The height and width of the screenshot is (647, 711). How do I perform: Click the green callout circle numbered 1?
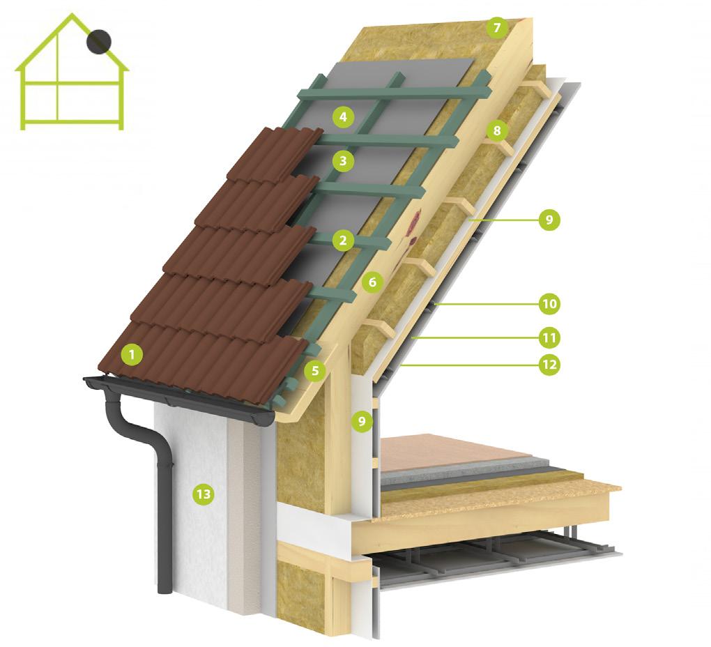click(x=130, y=355)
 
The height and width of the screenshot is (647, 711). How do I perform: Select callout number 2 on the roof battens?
click(x=342, y=241)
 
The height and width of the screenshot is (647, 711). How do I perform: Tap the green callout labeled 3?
click(x=342, y=161)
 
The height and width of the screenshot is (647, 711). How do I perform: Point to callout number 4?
click(x=342, y=116)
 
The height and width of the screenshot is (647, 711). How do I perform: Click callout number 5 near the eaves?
click(x=316, y=370)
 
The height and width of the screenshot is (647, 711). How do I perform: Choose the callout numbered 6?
click(x=372, y=282)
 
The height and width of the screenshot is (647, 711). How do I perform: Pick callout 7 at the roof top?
click(x=496, y=28)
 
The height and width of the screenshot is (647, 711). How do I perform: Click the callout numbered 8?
click(x=496, y=130)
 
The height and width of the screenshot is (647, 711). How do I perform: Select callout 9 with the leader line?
click(x=549, y=220)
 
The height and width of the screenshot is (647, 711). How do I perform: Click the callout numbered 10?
click(x=549, y=303)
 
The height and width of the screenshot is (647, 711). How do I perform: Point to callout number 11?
click(x=549, y=338)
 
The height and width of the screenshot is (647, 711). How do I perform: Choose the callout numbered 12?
click(x=549, y=364)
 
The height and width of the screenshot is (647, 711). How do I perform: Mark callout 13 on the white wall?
click(x=203, y=494)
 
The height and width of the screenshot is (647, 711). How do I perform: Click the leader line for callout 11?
click(x=474, y=338)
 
